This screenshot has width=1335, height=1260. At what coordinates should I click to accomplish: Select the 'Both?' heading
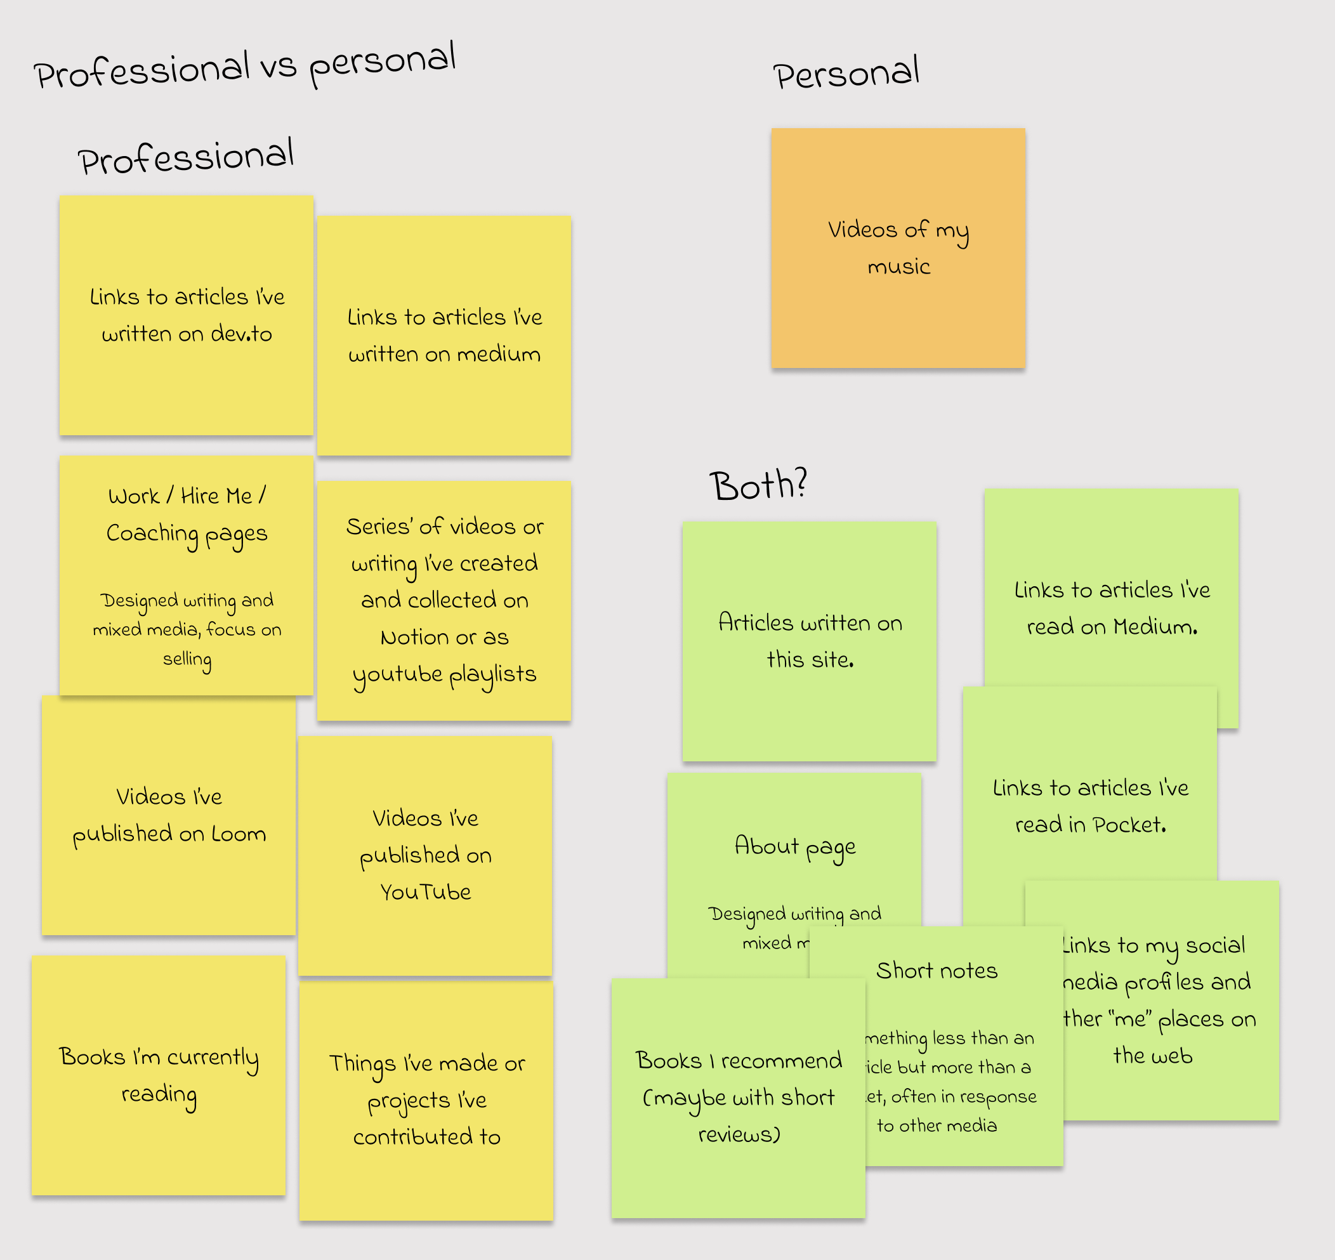click(x=758, y=485)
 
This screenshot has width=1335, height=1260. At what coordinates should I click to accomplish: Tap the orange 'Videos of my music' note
click(x=898, y=248)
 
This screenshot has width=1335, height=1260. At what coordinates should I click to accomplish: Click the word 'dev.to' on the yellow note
click(x=241, y=334)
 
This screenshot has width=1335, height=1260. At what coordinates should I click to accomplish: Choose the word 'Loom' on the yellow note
click(x=239, y=834)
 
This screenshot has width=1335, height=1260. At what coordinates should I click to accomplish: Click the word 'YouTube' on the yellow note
click(x=425, y=892)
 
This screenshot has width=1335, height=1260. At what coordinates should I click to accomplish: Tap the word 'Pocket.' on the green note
click(x=1129, y=824)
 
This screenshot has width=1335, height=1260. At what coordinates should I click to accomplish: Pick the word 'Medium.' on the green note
click(x=1155, y=627)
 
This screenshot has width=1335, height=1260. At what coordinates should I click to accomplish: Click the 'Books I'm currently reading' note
click(x=159, y=1075)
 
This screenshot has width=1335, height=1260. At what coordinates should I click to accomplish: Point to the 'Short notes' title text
click(x=937, y=971)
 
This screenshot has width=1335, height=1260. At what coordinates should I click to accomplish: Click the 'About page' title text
click(x=795, y=846)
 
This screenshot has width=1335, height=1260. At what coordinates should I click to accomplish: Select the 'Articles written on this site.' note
click(x=809, y=641)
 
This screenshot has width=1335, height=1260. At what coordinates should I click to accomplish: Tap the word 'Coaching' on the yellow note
click(x=152, y=534)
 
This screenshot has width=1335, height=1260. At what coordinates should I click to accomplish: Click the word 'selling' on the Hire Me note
click(x=187, y=660)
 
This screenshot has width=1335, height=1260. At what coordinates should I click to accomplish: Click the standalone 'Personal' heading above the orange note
click(x=846, y=74)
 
